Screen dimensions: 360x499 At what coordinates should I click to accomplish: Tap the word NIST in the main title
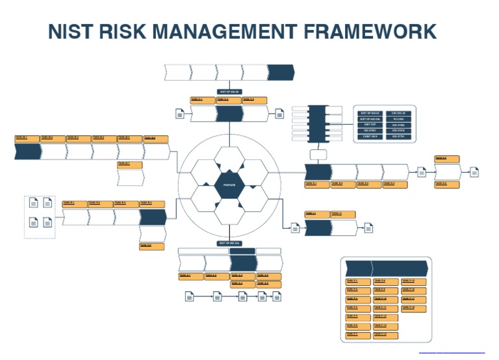coord(72,32)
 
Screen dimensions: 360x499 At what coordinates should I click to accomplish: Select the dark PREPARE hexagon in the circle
coord(229,185)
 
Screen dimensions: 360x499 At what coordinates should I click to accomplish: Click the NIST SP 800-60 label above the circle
coord(229,92)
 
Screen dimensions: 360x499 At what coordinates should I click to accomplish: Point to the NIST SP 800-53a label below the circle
coord(229,243)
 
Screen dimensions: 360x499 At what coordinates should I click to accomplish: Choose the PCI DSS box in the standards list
coord(398,119)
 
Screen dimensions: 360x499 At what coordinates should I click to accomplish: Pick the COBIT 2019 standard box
coord(369,136)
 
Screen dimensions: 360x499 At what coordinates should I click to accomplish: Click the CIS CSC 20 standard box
coord(398,113)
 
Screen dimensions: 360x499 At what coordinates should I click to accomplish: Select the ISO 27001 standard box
coord(369,131)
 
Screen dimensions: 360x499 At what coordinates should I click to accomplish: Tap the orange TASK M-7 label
coord(130,164)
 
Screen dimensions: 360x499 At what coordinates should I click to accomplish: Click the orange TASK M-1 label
coord(27,138)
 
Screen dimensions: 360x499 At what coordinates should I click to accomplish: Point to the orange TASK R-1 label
coord(74,204)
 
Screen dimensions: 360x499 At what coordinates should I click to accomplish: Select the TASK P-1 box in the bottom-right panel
coord(358,281)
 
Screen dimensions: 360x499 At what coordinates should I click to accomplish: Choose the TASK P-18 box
coord(414,308)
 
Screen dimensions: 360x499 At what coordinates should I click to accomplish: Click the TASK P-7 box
coord(358,335)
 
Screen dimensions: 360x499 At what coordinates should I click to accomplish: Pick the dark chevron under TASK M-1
coord(27,151)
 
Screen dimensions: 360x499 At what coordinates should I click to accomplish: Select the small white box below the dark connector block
coord(318,155)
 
